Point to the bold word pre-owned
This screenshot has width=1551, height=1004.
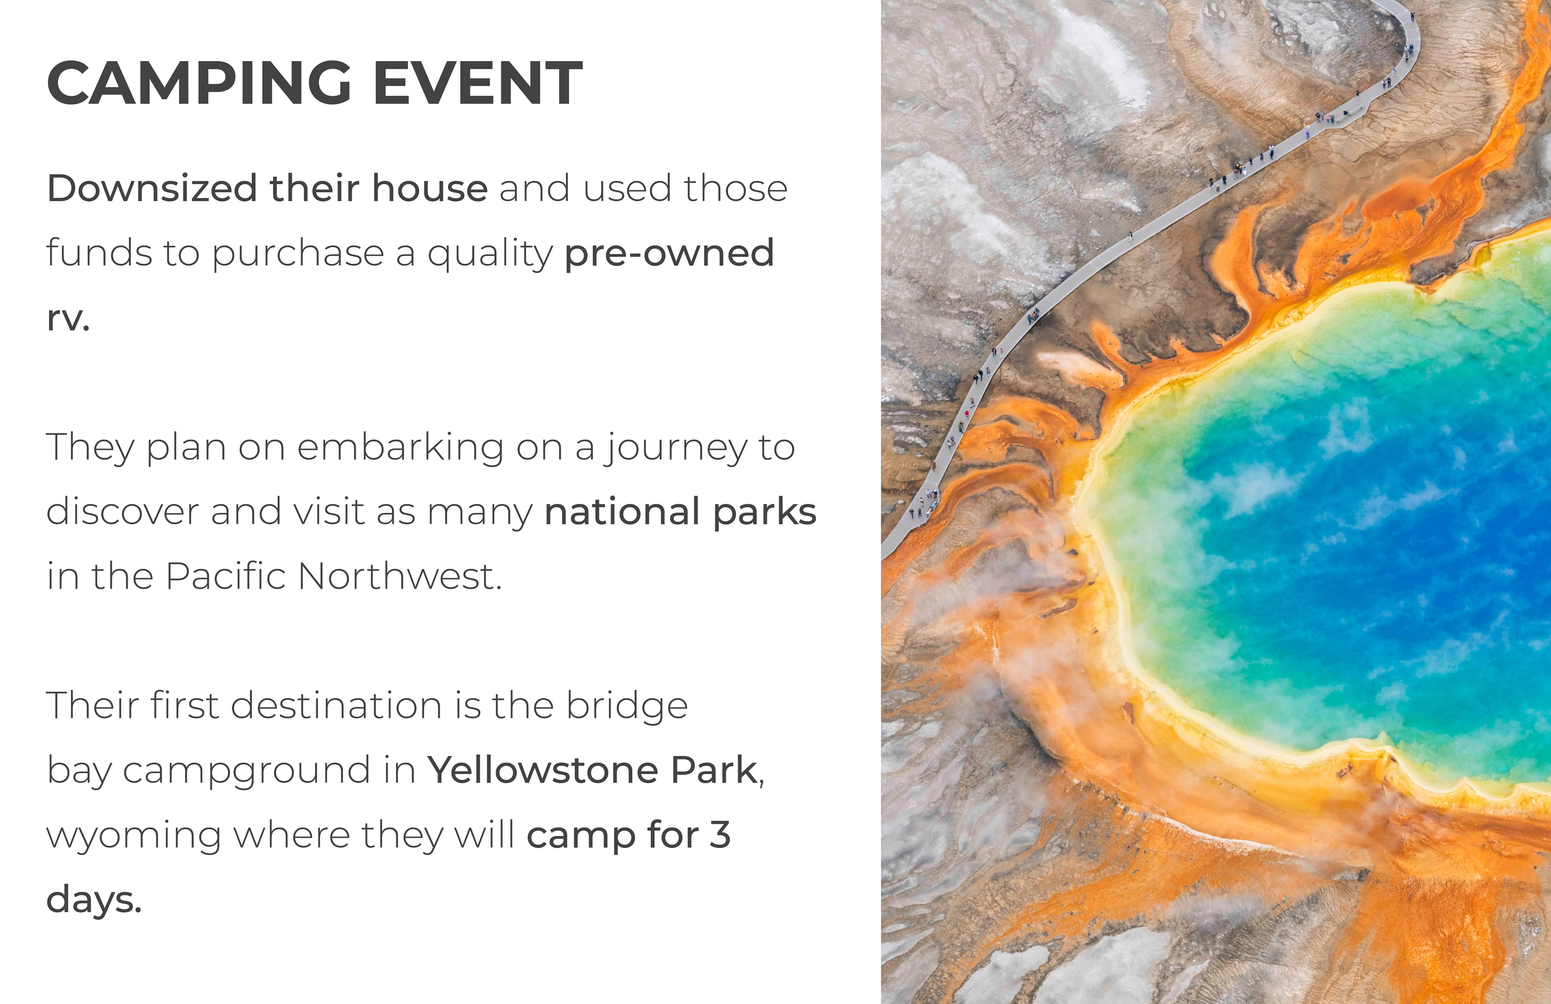[669, 254]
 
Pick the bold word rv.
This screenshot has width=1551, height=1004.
[68, 318]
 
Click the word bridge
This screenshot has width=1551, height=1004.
[627, 707]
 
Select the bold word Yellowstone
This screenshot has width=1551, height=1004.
[543, 770]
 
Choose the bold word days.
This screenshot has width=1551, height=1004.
[94, 900]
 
